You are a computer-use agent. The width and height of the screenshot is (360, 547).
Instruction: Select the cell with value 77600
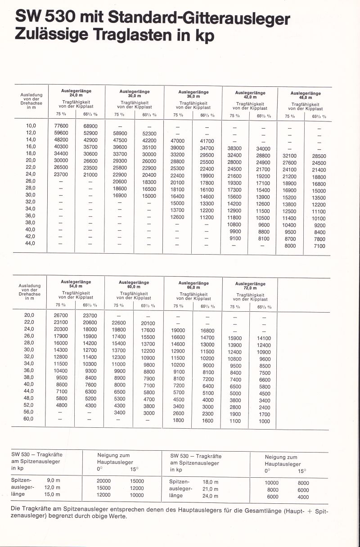point(61,126)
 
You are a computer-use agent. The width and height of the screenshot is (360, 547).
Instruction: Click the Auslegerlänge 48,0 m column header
point(306,95)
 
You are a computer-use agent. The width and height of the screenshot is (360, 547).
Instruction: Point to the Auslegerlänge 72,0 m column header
point(250,286)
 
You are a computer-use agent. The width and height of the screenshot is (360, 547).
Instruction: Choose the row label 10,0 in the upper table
point(31,126)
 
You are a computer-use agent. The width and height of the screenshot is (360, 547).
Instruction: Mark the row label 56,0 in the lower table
point(29,412)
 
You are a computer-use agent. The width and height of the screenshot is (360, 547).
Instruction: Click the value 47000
point(178,141)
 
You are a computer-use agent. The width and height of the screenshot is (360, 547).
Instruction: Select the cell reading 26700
point(60,315)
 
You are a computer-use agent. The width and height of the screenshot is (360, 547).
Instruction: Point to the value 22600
point(118,323)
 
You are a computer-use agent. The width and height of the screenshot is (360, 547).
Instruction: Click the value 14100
point(264,338)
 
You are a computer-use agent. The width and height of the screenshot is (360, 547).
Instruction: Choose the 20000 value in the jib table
point(103,480)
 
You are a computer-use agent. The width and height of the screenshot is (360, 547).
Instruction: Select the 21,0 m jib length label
point(210,489)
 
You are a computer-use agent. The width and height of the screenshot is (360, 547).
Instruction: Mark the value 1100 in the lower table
point(235,421)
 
